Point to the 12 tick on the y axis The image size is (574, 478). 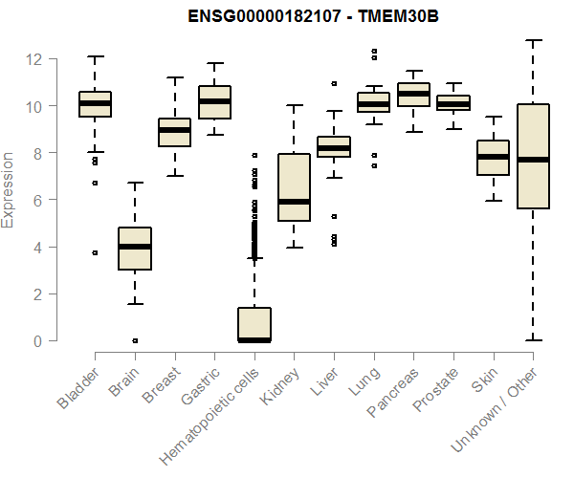pyautogui.click(x=34, y=59)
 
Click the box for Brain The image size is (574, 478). pyautogui.click(x=134, y=249)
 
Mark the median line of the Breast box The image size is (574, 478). pyautogui.click(x=174, y=130)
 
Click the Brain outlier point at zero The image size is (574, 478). pyautogui.click(x=135, y=340)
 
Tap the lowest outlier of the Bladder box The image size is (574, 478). pyautogui.click(x=95, y=252)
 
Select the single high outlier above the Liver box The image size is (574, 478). pyautogui.click(x=334, y=84)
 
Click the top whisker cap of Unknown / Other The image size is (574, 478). pyautogui.click(x=532, y=40)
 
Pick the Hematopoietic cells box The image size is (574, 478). pyautogui.click(x=254, y=324)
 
